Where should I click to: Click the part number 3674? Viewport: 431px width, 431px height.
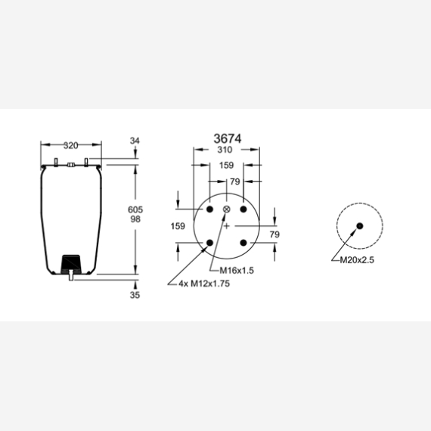click(228, 138)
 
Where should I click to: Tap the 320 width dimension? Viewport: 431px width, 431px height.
click(70, 145)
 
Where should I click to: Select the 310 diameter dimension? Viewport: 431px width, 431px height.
click(225, 150)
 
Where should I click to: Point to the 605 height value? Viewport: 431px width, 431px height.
click(135, 209)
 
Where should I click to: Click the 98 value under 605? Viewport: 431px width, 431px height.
click(135, 219)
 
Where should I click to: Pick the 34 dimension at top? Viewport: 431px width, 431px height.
click(135, 141)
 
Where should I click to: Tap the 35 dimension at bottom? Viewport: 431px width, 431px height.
click(135, 295)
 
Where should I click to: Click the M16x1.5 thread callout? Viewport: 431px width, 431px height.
click(237, 271)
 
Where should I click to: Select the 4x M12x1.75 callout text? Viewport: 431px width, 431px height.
click(204, 284)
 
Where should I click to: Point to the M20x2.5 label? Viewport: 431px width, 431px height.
click(357, 260)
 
